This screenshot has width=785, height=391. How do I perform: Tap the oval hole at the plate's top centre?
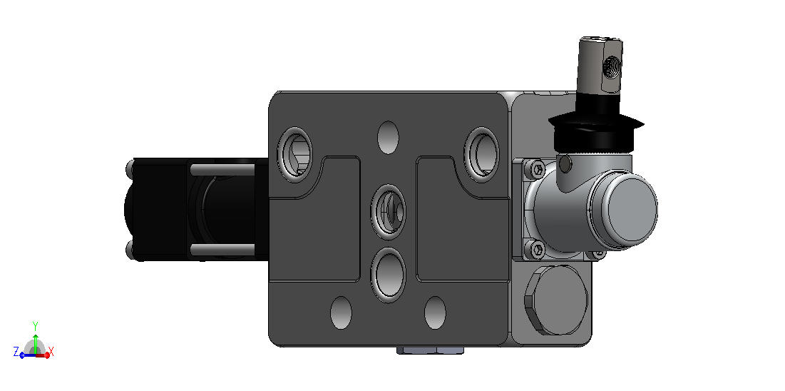388,138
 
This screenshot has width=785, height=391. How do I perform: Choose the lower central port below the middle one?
389,275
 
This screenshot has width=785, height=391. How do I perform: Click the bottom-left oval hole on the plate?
342,313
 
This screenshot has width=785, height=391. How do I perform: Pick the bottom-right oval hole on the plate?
435,313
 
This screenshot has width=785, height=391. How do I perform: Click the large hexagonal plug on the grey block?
556,300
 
